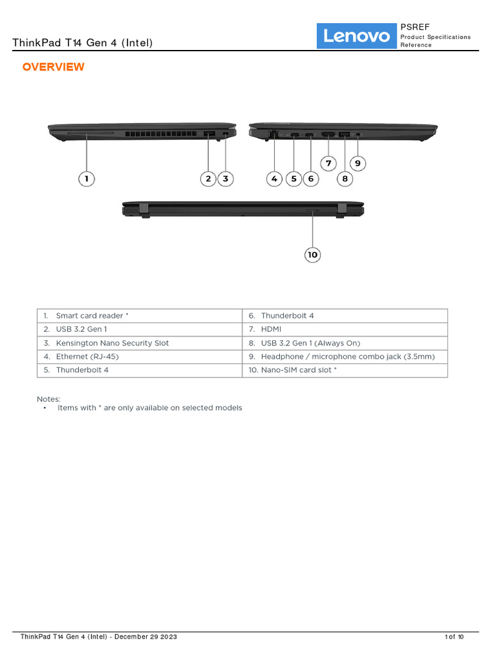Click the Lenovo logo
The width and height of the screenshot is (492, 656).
click(x=357, y=36)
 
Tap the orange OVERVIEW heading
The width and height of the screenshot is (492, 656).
click(x=53, y=67)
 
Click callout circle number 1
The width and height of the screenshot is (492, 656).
click(x=86, y=179)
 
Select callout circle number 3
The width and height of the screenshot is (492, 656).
click(x=225, y=179)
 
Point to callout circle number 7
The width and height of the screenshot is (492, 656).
click(x=328, y=163)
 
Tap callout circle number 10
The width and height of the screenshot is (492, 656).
click(x=312, y=255)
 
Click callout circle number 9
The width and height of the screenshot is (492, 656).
click(x=357, y=163)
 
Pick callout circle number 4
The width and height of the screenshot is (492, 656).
click(x=274, y=179)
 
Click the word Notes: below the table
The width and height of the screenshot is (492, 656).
click(x=49, y=399)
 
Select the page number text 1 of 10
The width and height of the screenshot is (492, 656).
click(x=454, y=637)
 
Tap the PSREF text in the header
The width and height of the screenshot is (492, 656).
click(x=415, y=27)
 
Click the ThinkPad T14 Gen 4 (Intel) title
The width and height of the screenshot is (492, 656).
click(x=83, y=43)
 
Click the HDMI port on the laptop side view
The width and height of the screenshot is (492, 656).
click(x=328, y=135)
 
